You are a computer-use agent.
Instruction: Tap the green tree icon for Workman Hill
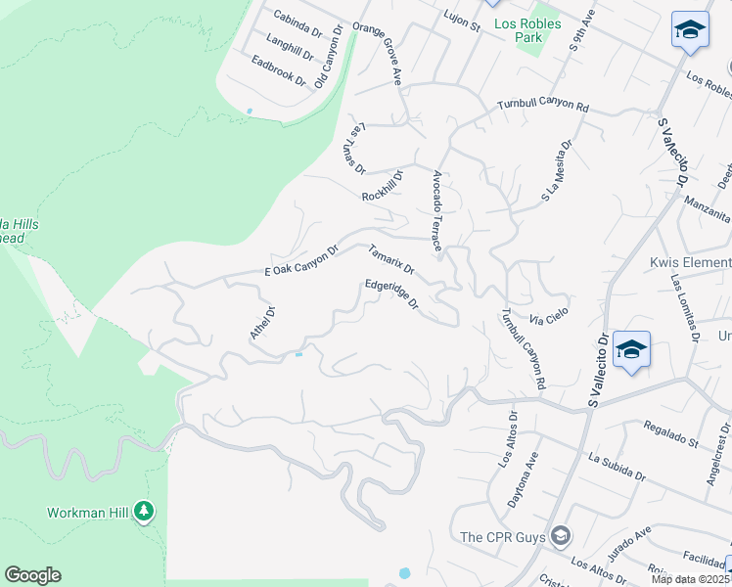(x=144, y=511)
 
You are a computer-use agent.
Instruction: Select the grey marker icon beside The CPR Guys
(x=561, y=535)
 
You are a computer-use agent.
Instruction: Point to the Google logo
(x=32, y=575)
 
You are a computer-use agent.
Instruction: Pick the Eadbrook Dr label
(x=278, y=76)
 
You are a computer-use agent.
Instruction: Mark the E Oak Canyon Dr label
(x=300, y=261)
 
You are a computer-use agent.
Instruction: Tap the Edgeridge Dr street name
(x=391, y=295)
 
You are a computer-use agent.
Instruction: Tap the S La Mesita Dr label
(x=556, y=172)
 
